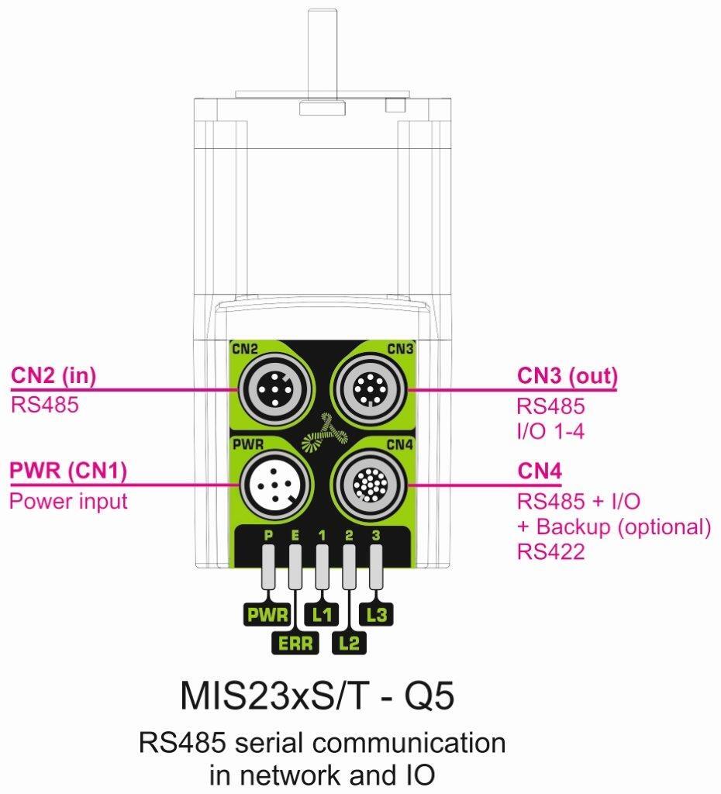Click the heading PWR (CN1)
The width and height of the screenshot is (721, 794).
click(x=68, y=471)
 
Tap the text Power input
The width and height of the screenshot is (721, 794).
click(x=68, y=501)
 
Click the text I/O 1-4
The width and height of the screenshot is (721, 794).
click(x=550, y=430)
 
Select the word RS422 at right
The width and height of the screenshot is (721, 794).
click(x=551, y=552)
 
